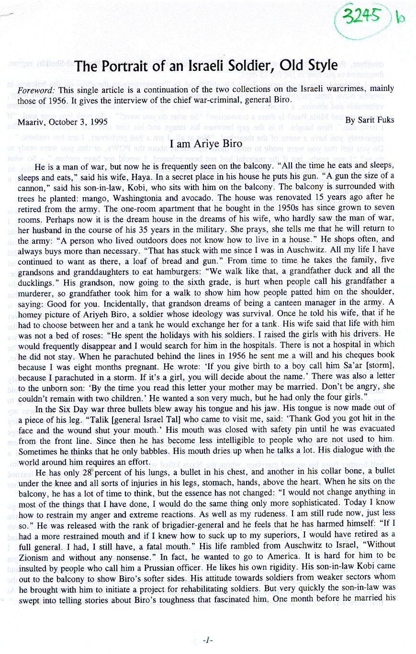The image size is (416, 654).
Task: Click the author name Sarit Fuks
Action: (x=375, y=119)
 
